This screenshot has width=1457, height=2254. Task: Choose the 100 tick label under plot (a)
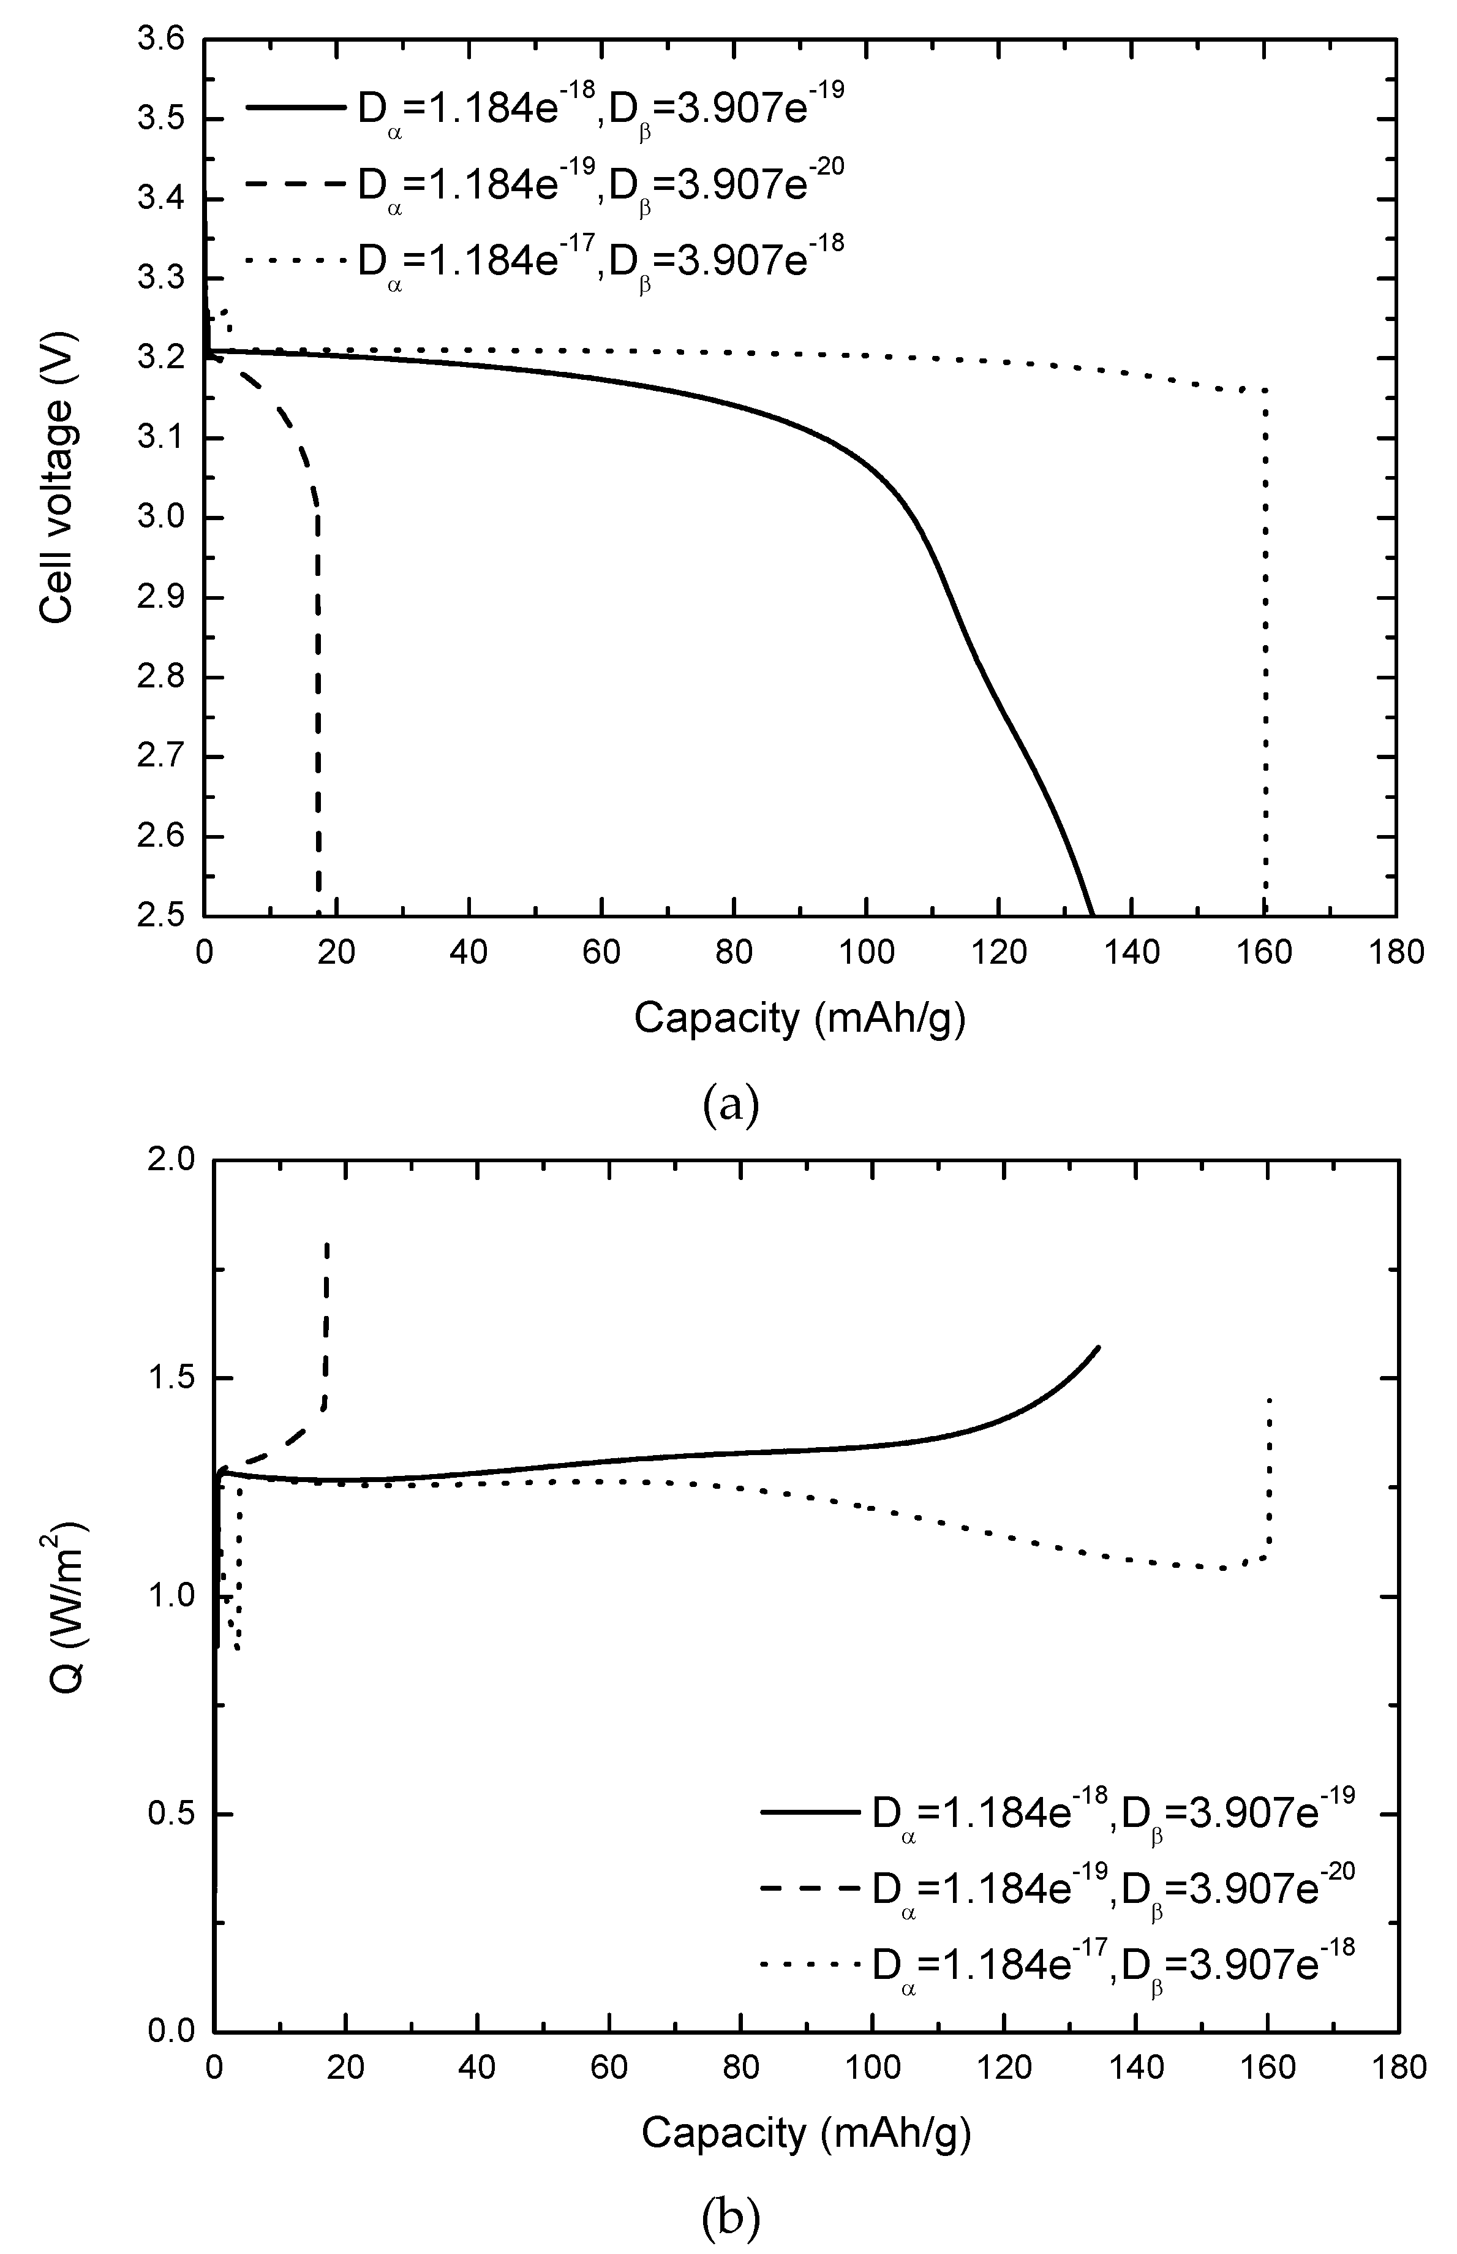click(867, 952)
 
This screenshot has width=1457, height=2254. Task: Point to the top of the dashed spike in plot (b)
click(326, 1242)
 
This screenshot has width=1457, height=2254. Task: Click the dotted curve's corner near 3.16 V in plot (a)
click(1265, 390)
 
